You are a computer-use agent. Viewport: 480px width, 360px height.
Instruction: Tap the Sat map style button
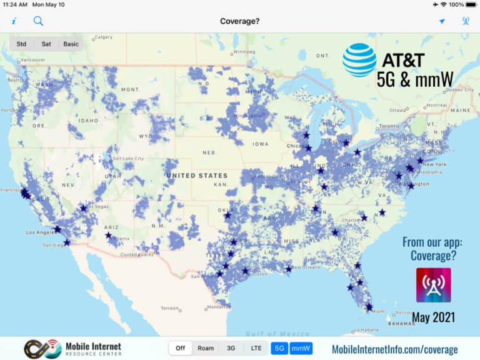(46, 44)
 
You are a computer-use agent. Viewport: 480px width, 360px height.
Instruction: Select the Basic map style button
(71, 44)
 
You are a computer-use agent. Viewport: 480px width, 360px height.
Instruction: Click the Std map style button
(22, 44)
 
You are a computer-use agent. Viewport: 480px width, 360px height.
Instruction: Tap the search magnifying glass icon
(38, 21)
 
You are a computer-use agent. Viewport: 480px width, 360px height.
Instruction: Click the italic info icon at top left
(14, 21)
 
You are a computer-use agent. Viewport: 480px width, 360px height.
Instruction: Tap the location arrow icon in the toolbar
(442, 21)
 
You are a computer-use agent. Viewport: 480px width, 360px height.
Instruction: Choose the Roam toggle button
(206, 348)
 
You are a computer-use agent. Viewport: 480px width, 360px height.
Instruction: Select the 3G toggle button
(231, 348)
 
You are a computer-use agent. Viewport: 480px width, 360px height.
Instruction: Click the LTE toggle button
(256, 348)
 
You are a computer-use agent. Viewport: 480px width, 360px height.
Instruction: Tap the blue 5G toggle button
(279, 348)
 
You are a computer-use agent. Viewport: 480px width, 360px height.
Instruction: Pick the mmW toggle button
(301, 348)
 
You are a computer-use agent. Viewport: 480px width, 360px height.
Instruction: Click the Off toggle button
(181, 348)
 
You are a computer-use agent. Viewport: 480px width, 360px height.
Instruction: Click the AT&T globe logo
(359, 60)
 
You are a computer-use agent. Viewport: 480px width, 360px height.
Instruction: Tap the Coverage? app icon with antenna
(433, 285)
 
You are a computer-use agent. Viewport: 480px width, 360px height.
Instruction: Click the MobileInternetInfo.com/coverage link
(394, 349)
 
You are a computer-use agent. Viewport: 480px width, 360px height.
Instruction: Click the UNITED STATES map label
(197, 176)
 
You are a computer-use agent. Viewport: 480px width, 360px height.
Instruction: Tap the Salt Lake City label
(128, 159)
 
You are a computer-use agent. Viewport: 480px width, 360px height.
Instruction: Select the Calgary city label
(103, 37)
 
